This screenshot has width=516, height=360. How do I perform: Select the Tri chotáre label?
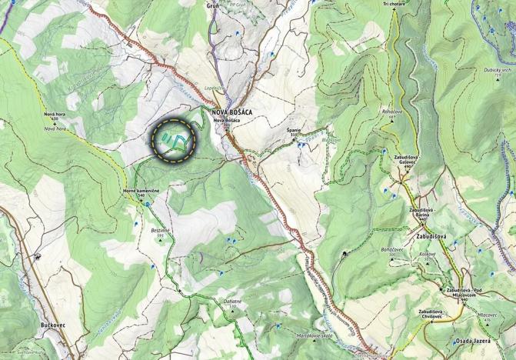[394, 4]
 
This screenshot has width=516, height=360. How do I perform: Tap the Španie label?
[292, 132]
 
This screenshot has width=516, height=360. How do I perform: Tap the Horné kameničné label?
[140, 191]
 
